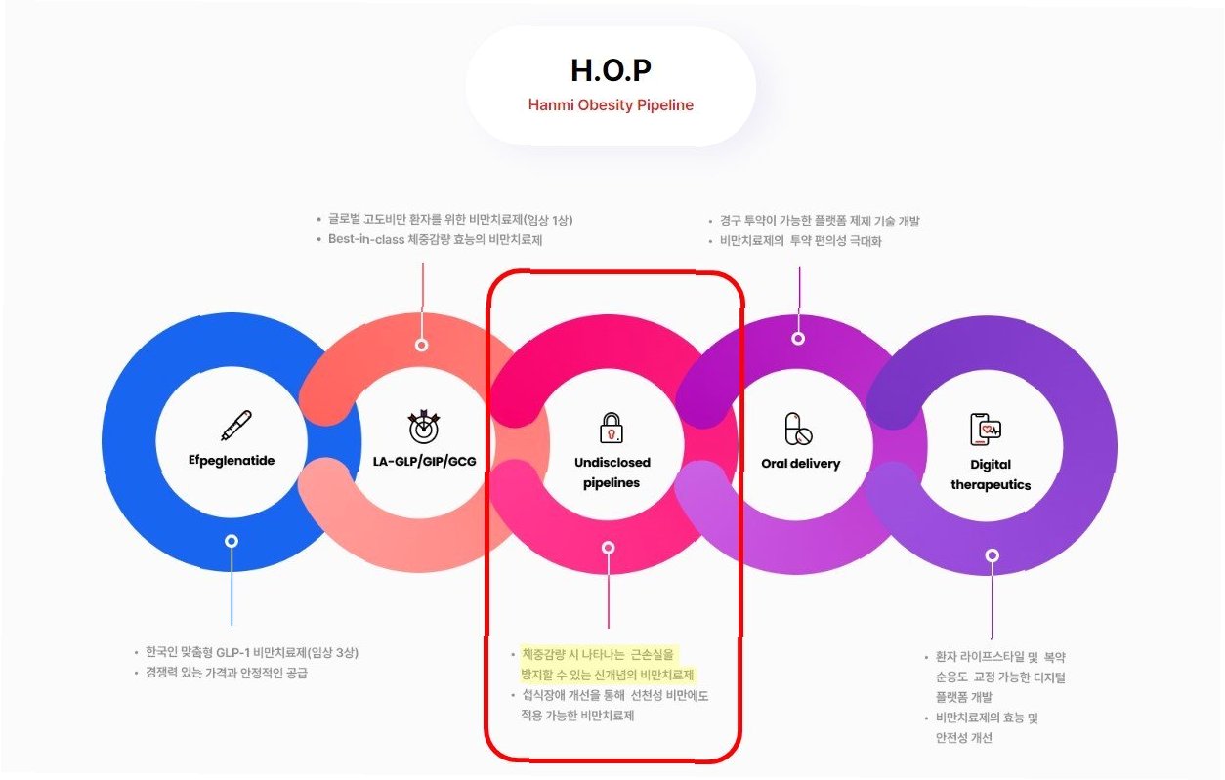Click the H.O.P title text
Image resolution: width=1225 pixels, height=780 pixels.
pos(611,70)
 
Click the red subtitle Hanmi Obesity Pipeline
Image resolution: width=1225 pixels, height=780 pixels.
pos(611,104)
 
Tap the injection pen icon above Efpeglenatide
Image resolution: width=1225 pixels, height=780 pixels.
pos(234,425)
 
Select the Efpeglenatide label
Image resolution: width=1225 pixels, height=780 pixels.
pos(232,460)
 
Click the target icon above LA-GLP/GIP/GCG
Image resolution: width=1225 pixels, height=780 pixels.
pos(424,426)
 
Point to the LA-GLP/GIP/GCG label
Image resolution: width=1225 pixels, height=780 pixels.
pos(424,460)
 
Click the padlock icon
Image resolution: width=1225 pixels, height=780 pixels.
pos(611,427)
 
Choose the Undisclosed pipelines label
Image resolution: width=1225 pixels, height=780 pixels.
pos(612,472)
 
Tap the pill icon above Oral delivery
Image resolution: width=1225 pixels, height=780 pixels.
pos(799,429)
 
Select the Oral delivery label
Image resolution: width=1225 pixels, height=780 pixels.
pos(800,464)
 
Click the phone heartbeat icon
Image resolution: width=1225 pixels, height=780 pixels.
pos(986,429)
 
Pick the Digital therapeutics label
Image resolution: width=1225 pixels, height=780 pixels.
pos(991,474)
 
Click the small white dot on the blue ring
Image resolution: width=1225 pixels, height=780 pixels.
pos(232,541)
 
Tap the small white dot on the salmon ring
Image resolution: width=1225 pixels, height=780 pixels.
pos(422,345)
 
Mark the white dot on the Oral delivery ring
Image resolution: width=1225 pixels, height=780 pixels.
pos(798,338)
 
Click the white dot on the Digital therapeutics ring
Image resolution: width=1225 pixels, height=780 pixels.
pos(992,555)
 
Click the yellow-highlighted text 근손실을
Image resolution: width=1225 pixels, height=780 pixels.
pos(652,654)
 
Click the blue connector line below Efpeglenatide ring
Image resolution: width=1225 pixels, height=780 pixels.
pos(232,586)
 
